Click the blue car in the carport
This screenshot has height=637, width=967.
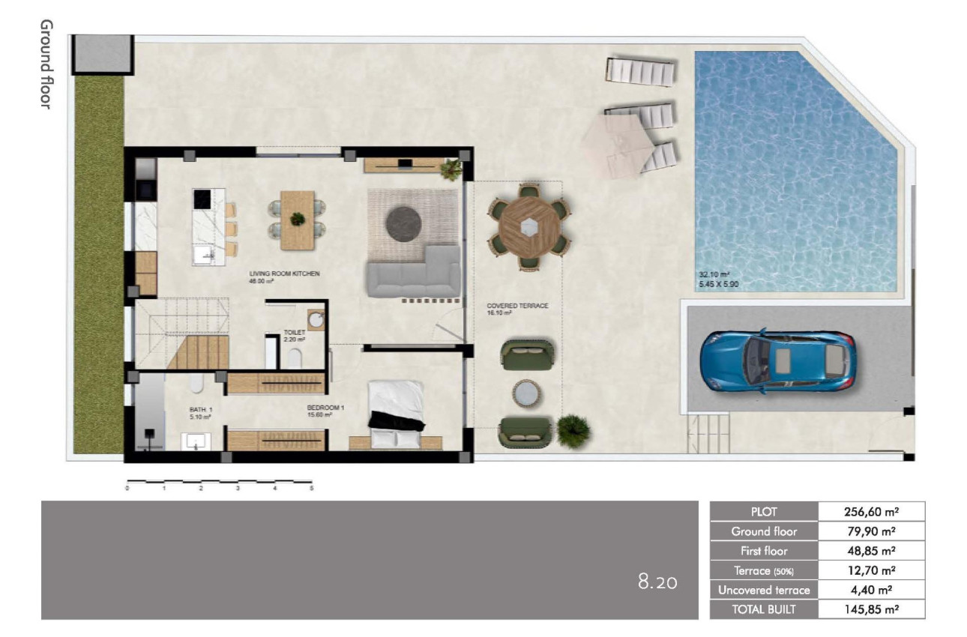(777, 360)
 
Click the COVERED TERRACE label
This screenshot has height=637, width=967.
(517, 306)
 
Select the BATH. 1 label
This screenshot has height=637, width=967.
(201, 409)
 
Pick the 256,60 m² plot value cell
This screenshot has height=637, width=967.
(871, 512)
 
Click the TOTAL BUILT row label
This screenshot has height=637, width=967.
(764, 609)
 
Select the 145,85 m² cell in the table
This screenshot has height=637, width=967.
(871, 609)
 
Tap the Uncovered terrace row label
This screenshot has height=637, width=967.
(764, 590)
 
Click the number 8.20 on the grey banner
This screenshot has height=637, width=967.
(657, 582)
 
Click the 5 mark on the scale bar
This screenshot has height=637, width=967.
(312, 488)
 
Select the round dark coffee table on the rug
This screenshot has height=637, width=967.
(403, 222)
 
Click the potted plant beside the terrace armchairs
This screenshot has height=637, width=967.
(573, 430)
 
